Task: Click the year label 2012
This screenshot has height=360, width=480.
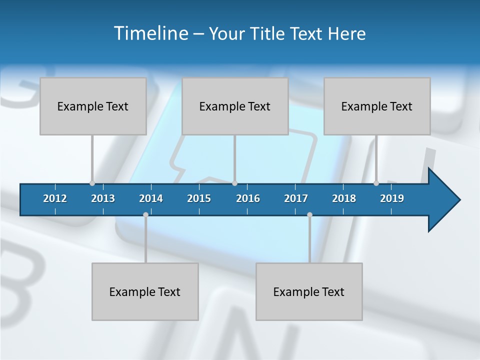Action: point(55,198)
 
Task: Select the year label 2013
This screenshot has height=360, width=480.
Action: point(103,198)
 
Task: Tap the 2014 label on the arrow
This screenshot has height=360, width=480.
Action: point(151,198)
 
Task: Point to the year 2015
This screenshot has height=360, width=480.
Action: point(199,198)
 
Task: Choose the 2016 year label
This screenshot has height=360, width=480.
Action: point(248,198)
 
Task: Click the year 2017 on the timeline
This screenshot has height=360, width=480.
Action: point(296,198)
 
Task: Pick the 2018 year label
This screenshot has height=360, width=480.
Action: point(344,198)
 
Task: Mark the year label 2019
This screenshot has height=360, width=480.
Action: point(392,198)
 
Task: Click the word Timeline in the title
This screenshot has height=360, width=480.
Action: point(150,33)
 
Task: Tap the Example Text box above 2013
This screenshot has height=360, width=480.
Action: point(93,106)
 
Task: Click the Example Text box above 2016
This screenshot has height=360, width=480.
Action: point(235,106)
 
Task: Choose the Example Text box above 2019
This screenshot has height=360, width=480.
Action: point(377,106)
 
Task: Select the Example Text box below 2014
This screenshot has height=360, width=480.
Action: point(145,291)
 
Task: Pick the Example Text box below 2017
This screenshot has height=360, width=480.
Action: point(309,291)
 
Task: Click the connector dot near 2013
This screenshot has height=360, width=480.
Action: point(92,183)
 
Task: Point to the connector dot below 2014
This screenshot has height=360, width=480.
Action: point(145,214)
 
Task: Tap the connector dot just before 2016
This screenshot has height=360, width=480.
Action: point(234,183)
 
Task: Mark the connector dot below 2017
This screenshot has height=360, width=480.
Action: point(309,214)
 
